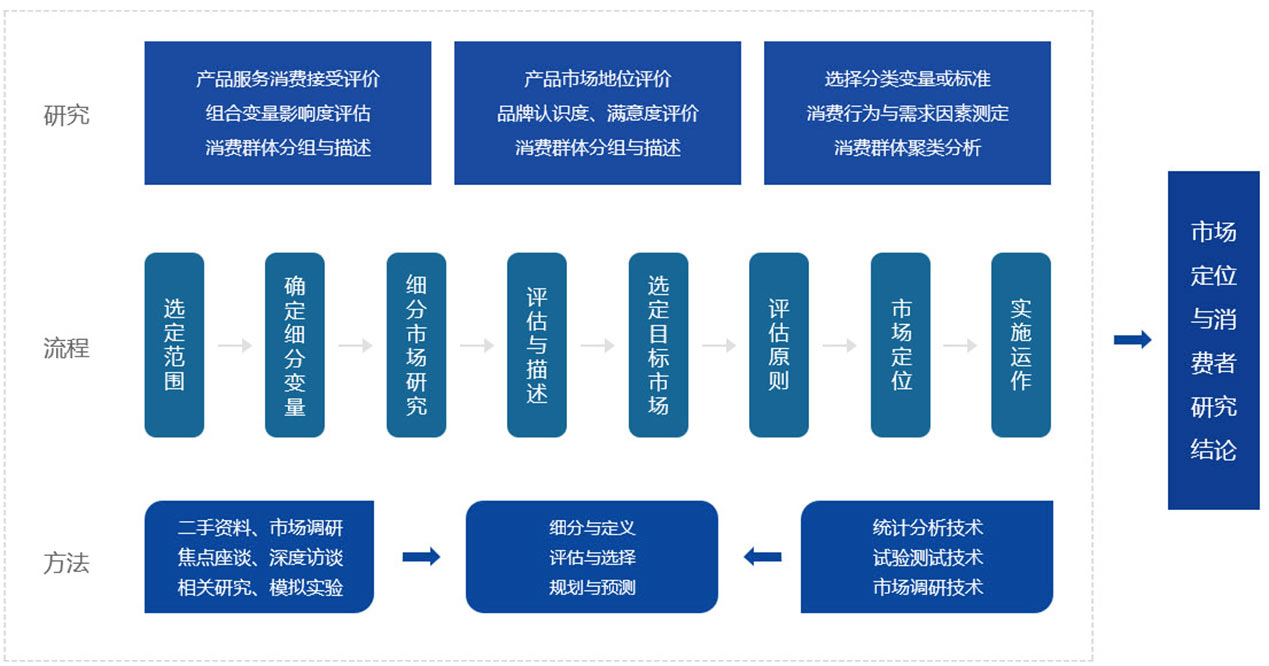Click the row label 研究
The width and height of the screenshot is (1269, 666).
66,115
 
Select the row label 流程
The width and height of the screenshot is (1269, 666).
66,348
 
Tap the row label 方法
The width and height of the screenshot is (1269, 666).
66,563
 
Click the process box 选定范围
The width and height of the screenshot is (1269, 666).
174,345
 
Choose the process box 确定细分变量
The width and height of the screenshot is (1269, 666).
295,345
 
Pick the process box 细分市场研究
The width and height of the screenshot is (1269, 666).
416,345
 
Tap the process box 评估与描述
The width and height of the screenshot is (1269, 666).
537,345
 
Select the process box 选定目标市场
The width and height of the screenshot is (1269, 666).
658,345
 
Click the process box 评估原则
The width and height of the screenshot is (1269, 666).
779,345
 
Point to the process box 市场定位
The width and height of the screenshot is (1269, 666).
901,345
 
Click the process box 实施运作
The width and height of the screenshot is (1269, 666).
1021,345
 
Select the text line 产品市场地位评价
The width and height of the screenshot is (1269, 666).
598,79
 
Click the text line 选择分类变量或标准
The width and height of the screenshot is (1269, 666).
908,79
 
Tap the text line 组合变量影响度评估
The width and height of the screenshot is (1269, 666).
288,114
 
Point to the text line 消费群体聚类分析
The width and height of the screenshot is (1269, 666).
908,148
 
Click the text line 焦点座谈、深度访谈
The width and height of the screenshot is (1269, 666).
260,557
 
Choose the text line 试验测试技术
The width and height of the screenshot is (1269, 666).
927,557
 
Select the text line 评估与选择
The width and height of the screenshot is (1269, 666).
592,557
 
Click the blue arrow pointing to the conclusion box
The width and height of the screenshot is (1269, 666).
1132,340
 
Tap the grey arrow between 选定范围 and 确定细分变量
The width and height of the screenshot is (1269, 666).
235,346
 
